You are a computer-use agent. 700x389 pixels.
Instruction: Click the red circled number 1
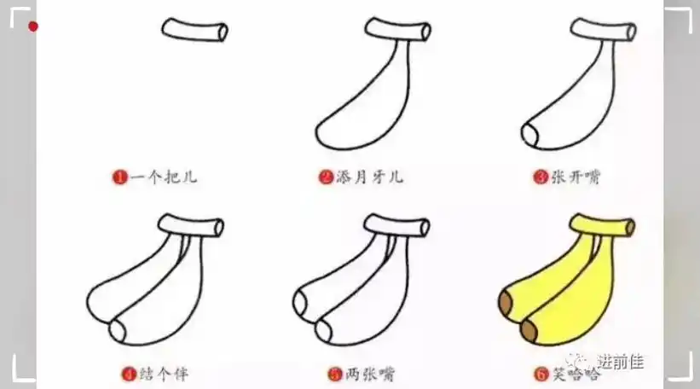click(x=119, y=178)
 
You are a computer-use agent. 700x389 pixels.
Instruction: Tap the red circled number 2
click(x=325, y=178)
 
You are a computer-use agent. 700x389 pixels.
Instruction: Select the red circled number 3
click(x=539, y=178)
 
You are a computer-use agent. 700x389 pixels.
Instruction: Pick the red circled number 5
click(x=334, y=373)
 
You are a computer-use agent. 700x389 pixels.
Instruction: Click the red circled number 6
click(x=539, y=373)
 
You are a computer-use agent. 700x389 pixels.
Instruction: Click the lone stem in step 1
click(x=194, y=30)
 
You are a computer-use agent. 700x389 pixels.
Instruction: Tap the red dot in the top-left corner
click(x=33, y=26)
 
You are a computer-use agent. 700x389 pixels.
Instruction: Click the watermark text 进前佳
click(x=620, y=362)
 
